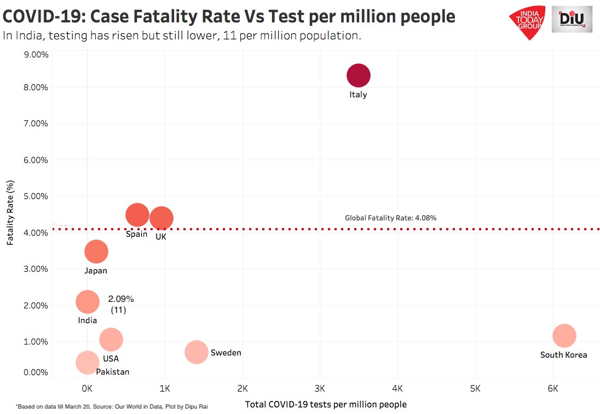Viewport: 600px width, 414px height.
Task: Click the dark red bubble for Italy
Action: [359, 75]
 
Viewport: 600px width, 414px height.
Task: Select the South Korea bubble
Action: [564, 336]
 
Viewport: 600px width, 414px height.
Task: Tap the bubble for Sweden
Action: [197, 352]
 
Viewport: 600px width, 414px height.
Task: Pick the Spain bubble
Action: [137, 215]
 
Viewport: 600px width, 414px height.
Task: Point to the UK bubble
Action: [161, 219]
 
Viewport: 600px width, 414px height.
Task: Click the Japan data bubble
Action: [96, 252]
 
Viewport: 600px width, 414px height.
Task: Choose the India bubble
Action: [88, 301]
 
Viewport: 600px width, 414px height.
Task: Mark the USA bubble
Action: [111, 340]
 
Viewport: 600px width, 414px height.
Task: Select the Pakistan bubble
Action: [87, 362]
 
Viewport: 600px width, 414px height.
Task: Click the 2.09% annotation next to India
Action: [120, 300]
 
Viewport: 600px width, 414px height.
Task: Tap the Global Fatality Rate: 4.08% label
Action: [390, 218]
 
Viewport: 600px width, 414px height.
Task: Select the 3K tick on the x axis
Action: [320, 389]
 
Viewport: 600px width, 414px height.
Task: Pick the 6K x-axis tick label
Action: [553, 389]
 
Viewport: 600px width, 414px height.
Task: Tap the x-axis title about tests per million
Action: [326, 404]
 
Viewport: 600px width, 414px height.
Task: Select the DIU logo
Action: [572, 20]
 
